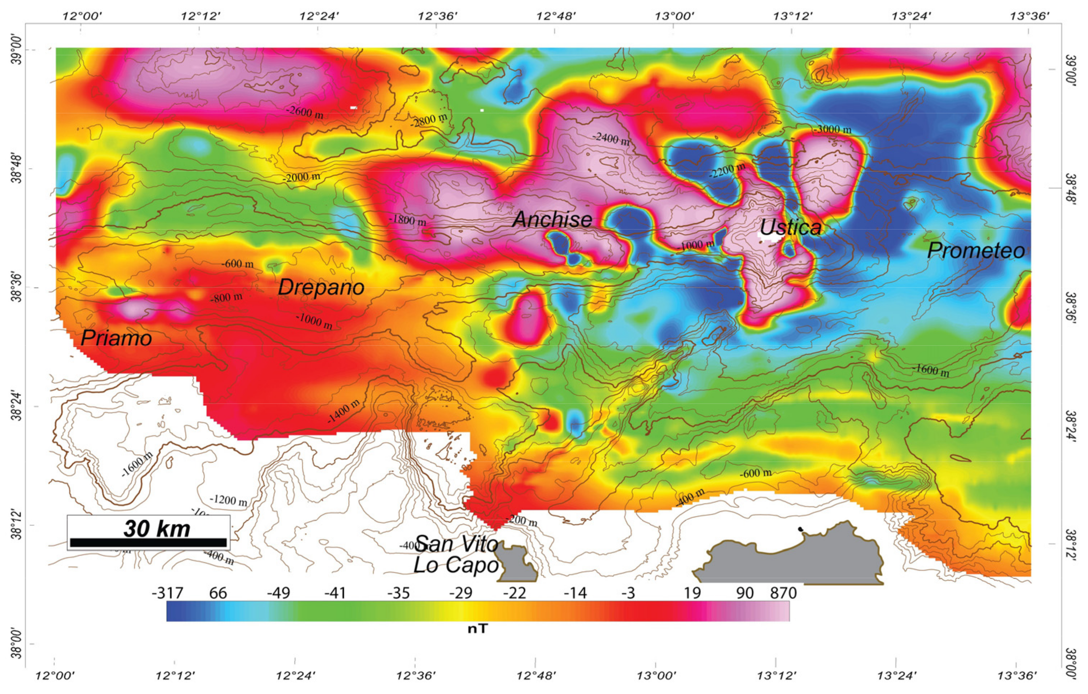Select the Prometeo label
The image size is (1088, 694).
[x=976, y=250]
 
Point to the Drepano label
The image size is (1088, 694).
[x=321, y=287]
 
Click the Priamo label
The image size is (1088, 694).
[x=116, y=338]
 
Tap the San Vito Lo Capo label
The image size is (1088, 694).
[x=456, y=554]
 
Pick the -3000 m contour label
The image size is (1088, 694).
[x=832, y=130]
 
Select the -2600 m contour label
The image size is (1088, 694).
[x=305, y=112]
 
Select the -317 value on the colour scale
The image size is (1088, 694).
[x=167, y=593]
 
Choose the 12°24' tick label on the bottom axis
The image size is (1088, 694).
[x=294, y=676]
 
